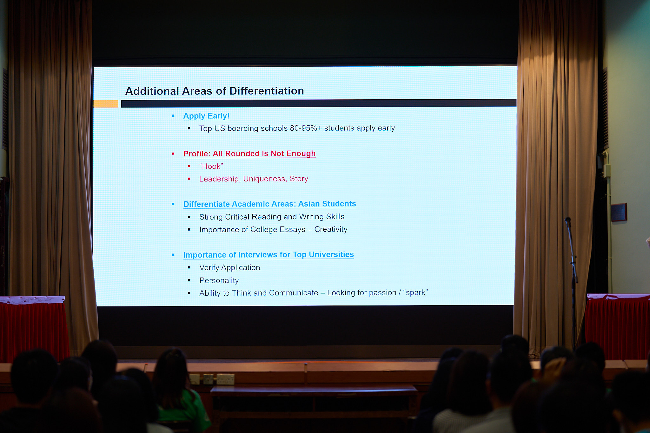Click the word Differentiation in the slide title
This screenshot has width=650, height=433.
[267, 91]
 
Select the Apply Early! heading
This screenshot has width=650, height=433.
[206, 116]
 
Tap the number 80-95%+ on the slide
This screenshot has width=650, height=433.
[306, 128]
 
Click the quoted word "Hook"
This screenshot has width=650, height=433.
[211, 166]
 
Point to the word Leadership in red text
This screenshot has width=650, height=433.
[219, 179]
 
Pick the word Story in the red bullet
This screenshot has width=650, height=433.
[299, 179]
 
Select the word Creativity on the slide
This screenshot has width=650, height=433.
[331, 229]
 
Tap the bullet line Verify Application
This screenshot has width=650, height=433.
[229, 268]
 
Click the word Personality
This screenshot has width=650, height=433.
[219, 280]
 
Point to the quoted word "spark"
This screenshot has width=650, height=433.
[415, 292]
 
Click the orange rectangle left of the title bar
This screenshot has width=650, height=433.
[106, 104]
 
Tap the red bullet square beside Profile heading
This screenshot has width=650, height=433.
[173, 154]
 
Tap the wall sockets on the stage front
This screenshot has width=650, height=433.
[212, 379]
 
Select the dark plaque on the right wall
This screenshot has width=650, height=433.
[619, 212]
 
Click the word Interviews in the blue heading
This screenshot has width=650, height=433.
[258, 255]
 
